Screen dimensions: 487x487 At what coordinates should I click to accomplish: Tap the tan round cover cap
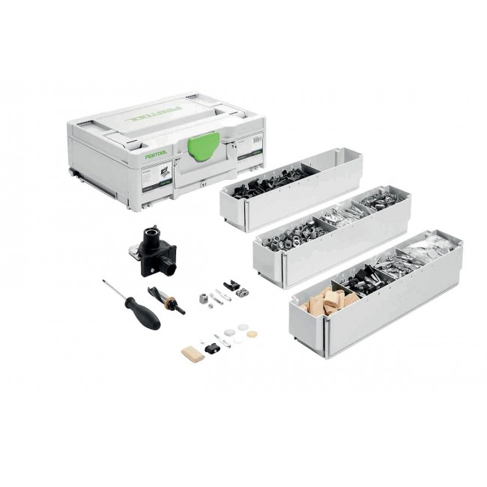[x=252, y=334]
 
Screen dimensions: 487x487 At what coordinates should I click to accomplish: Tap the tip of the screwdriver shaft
[x=105, y=282]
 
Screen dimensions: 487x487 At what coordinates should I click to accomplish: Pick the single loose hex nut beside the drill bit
[x=205, y=297]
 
